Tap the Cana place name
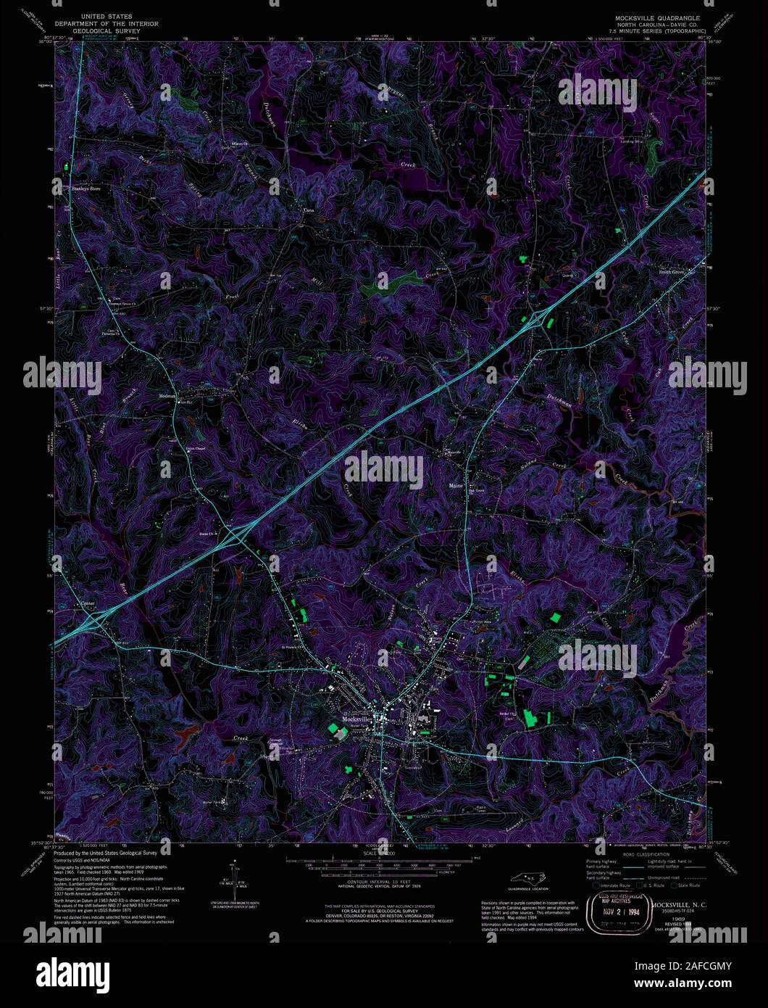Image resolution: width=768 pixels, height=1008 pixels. click(x=308, y=211)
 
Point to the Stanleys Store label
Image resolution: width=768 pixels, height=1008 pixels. click(x=85, y=189)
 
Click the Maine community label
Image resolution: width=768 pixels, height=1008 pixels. click(x=456, y=485)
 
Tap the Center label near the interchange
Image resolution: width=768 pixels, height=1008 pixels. click(x=88, y=603)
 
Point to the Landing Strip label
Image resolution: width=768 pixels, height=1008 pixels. click(x=630, y=141)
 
